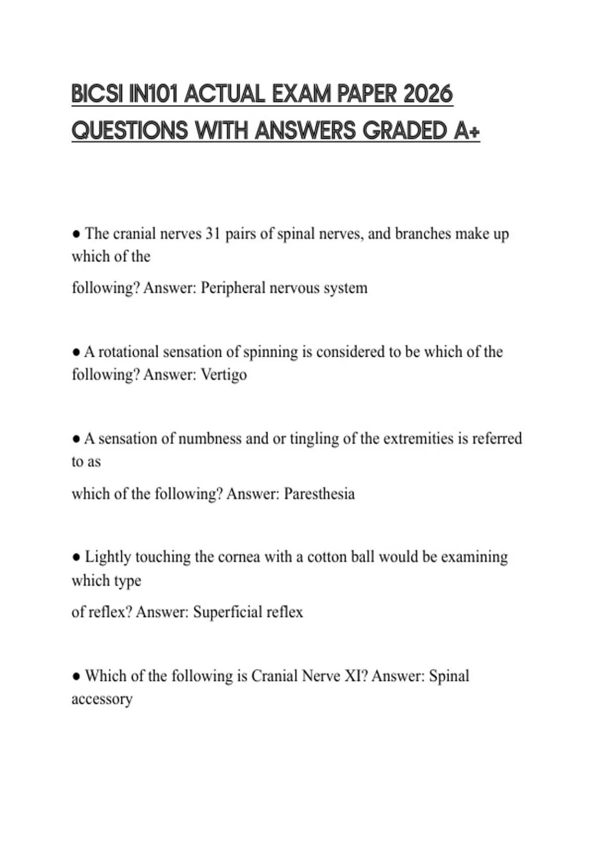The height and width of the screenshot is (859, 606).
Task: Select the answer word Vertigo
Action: (x=224, y=375)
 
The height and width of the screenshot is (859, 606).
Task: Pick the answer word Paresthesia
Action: (x=319, y=494)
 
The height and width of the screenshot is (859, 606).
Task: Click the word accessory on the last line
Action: (x=102, y=699)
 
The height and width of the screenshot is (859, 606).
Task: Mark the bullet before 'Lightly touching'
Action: (x=76, y=557)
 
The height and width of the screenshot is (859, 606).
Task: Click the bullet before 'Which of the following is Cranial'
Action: (x=76, y=677)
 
